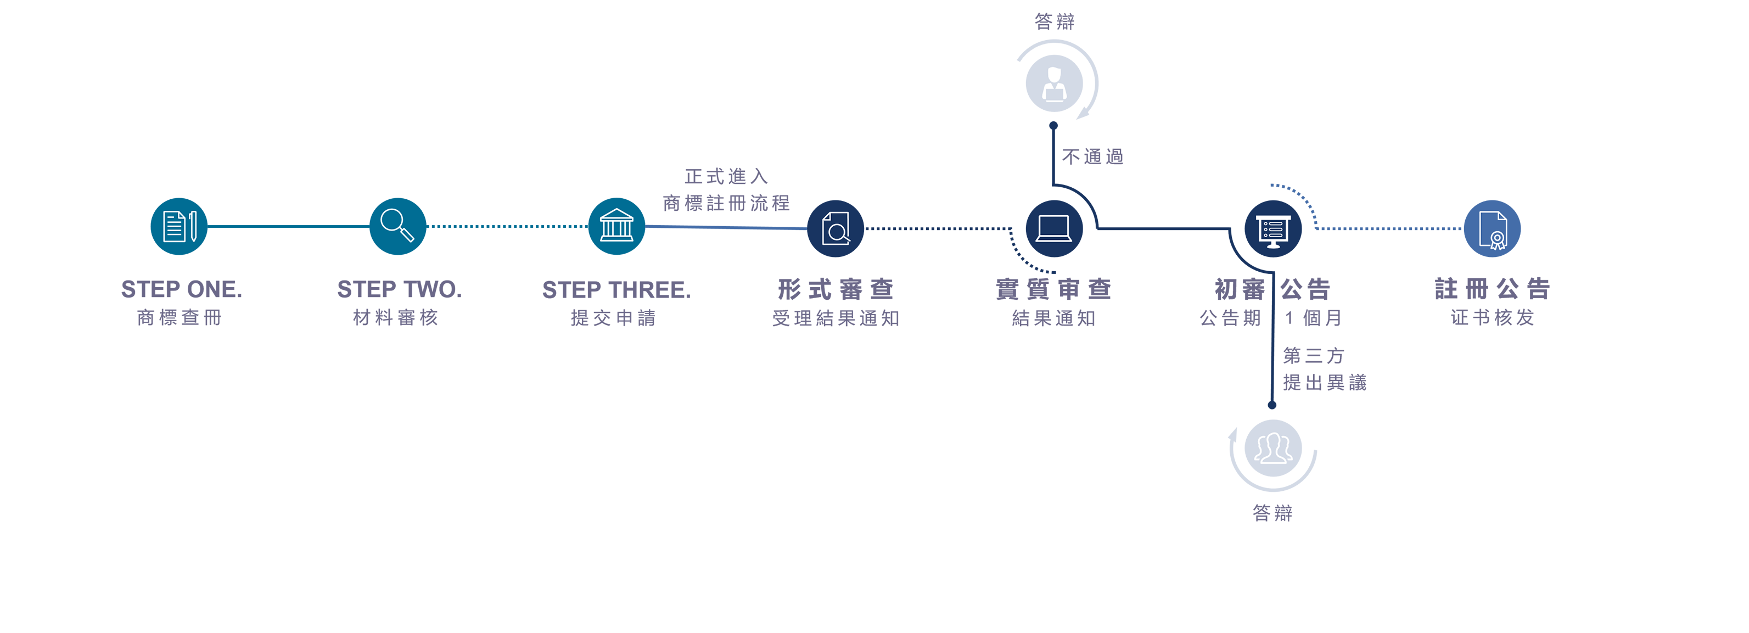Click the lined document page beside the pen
click(174, 227)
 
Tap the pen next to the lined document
click(193, 227)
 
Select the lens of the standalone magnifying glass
click(392, 220)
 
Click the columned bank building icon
click(616, 226)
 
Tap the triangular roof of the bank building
click(616, 215)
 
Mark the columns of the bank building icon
click(616, 229)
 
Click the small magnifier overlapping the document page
click(838, 233)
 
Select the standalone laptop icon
click(1054, 229)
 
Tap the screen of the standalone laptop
click(1054, 226)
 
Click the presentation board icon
click(1274, 232)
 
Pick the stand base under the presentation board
click(1274, 245)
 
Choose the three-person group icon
click(1273, 449)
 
